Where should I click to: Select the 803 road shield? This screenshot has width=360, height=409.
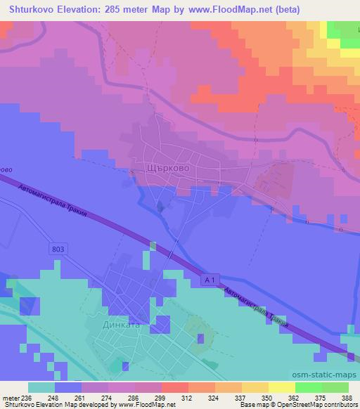click(x=60, y=249)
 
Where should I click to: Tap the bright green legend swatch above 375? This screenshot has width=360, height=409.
click(x=309, y=387)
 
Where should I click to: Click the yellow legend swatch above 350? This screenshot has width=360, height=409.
click(x=255, y=387)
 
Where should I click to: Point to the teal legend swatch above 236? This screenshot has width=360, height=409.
click(x=41, y=387)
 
